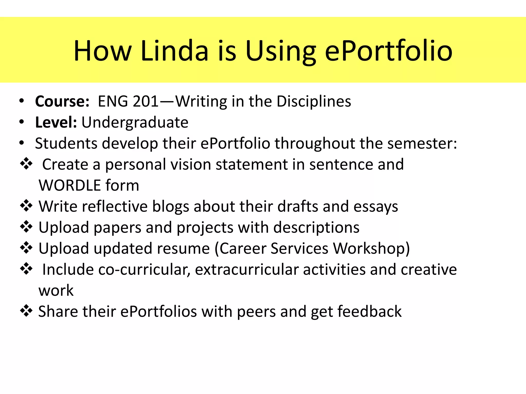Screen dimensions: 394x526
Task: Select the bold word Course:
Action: point(62,101)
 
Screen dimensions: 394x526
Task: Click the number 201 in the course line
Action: point(146,101)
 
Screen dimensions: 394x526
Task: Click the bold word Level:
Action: point(56,122)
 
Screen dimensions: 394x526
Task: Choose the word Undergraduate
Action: point(135,122)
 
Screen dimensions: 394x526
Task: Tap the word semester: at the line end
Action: point(422,143)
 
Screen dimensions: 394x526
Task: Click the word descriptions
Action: point(316,228)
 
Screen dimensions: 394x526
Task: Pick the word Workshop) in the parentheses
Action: point(371,249)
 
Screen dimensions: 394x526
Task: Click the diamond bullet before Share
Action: point(26,311)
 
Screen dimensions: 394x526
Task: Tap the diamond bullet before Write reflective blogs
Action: point(26,206)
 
